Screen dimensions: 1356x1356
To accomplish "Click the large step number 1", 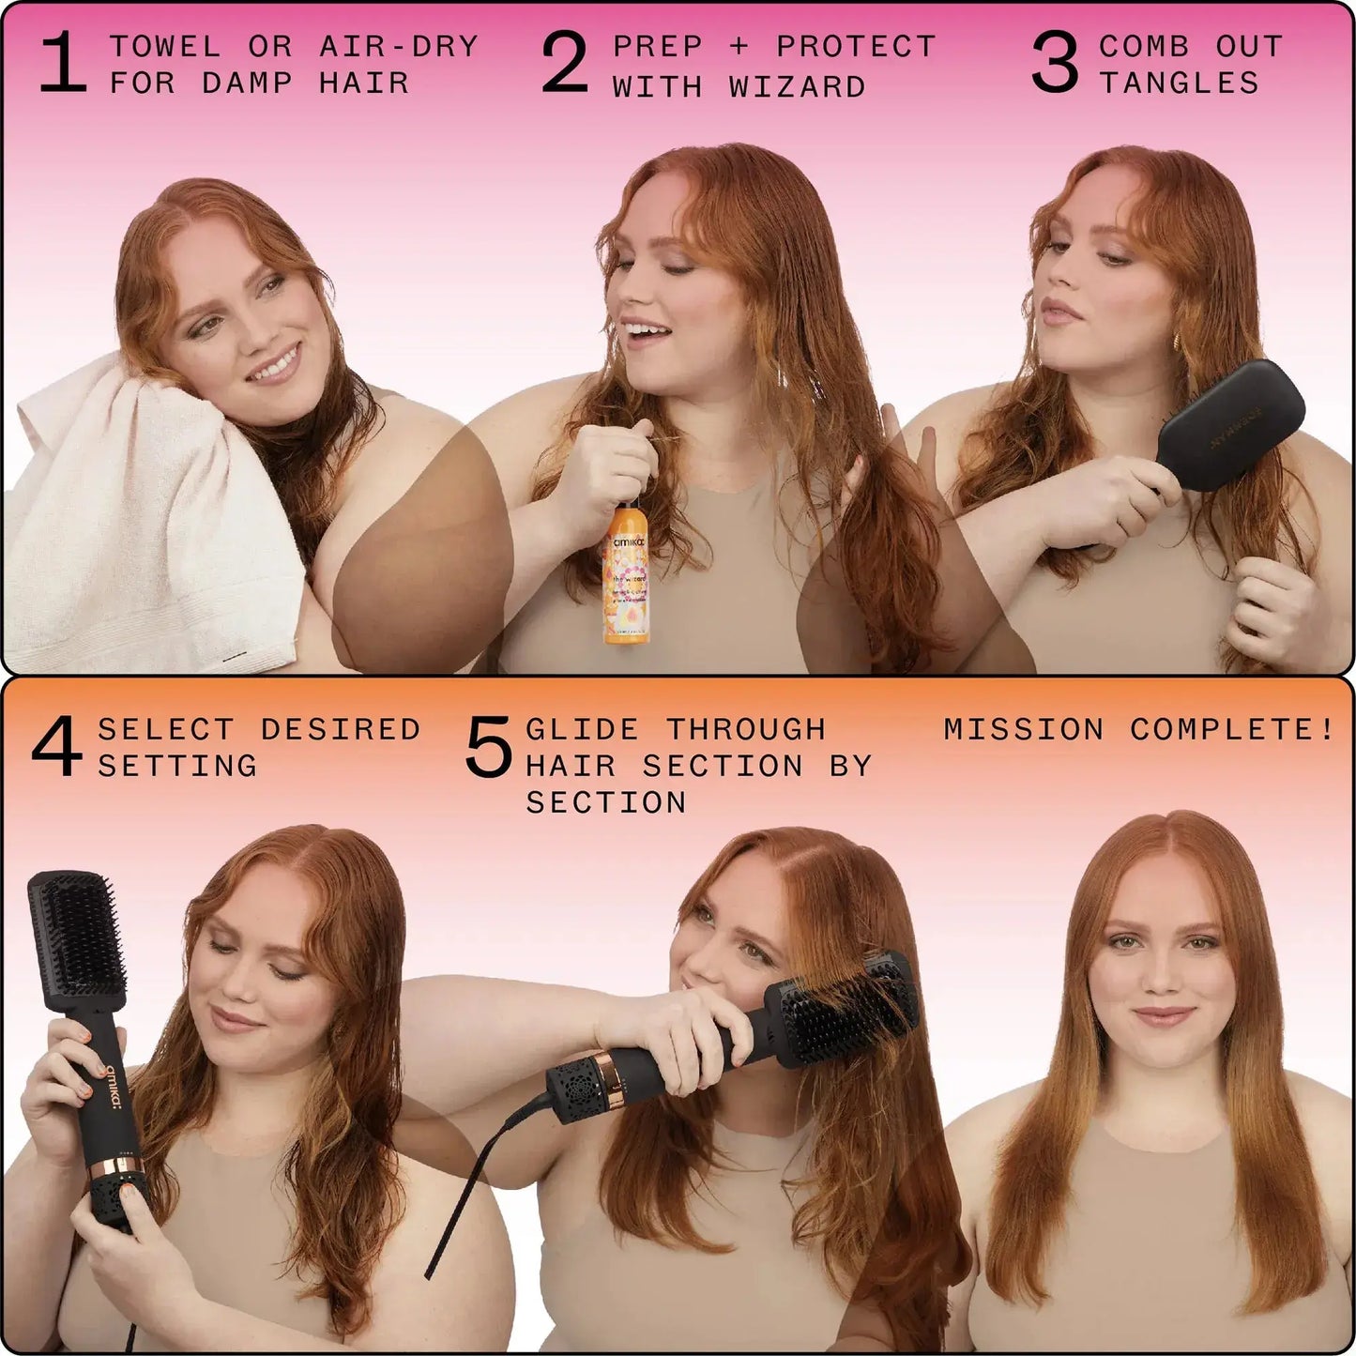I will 64,65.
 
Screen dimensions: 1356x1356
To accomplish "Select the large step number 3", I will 1056,65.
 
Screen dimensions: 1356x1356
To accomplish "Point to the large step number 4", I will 56,748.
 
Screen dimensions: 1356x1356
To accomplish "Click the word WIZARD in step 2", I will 797,87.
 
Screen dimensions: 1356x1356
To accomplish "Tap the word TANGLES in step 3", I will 1180,84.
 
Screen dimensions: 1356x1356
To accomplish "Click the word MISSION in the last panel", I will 1024,729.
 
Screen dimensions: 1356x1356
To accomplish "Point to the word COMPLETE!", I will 1231,729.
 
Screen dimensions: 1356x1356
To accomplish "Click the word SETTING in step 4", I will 177,767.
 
